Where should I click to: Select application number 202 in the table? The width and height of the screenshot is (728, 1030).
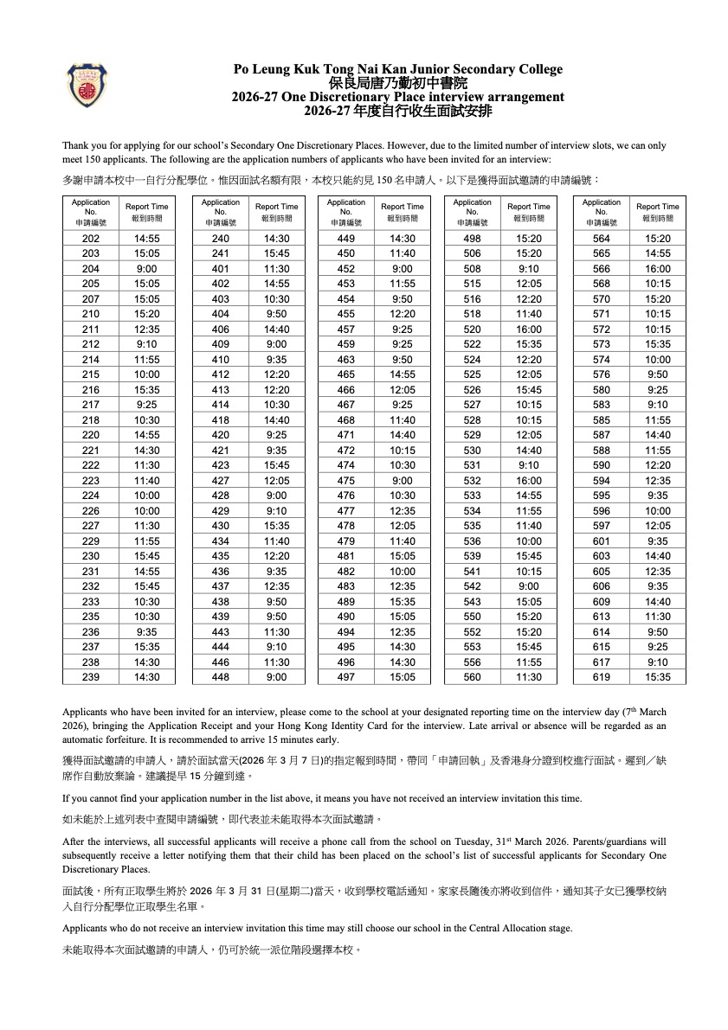[x=91, y=239]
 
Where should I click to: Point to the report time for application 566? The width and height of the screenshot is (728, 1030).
[x=658, y=269]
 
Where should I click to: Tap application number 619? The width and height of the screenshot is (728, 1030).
[x=602, y=677]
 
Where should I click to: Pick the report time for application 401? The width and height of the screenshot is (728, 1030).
[x=277, y=269]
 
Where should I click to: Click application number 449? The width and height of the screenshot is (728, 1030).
[x=346, y=239]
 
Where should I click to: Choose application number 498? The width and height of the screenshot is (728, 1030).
[x=472, y=239]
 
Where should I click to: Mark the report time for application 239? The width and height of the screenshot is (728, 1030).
[x=147, y=677]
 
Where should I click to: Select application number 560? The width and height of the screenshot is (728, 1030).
[x=472, y=677]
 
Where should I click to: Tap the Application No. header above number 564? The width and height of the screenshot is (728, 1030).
[x=602, y=212]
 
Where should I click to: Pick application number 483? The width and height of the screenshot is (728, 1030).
[x=346, y=586]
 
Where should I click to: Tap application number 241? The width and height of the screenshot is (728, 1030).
[x=221, y=254]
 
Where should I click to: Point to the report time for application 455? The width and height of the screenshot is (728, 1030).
[x=403, y=315]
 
